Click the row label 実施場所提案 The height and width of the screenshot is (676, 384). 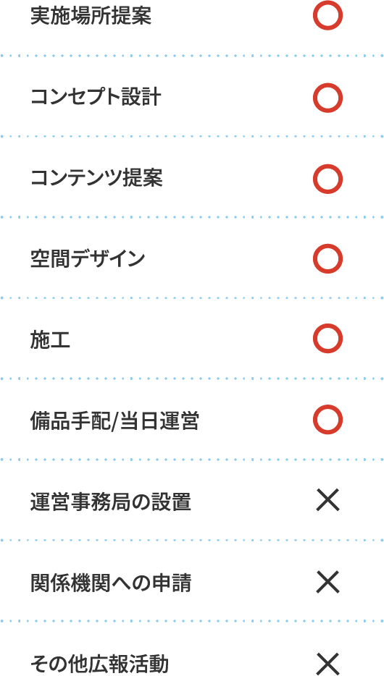coord(91,17)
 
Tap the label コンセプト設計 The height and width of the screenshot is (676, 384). coord(96,98)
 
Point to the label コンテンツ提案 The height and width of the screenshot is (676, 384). coord(96,178)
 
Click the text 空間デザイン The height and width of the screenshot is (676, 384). coord(88,258)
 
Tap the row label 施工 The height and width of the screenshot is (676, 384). coord(51,339)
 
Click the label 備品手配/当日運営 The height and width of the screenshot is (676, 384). coord(114,421)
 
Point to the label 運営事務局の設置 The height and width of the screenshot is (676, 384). coord(111,502)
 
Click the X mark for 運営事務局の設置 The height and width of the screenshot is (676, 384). coord(328,501)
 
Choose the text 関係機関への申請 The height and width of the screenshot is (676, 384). coord(111,583)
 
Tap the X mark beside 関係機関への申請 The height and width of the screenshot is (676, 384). coord(328,582)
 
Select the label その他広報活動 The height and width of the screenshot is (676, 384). coord(99,664)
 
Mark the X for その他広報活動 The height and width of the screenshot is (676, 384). coord(328,664)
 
